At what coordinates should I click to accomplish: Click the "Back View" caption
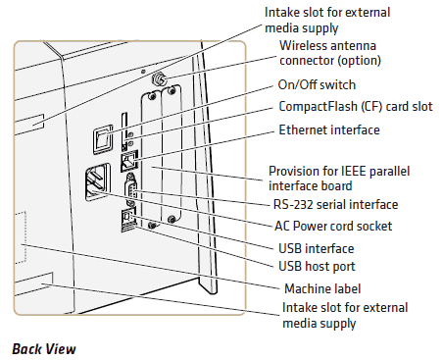pyautogui.click(x=44, y=349)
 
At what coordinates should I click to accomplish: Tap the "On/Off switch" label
pyautogui.click(x=317, y=84)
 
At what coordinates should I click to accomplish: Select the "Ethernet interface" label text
pyautogui.click(x=329, y=129)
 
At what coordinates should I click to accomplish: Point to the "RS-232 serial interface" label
pyautogui.click(x=335, y=204)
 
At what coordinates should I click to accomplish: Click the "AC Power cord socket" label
pyautogui.click(x=333, y=226)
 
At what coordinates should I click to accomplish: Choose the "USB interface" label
pyautogui.click(x=316, y=248)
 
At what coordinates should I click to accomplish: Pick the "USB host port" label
pyautogui.click(x=317, y=266)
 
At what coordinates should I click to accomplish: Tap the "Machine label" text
pyautogui.click(x=322, y=288)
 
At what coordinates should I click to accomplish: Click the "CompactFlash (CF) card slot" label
pyautogui.click(x=356, y=106)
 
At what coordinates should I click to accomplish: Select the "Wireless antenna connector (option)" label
pyautogui.click(x=330, y=53)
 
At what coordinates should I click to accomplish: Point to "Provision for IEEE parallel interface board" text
pyautogui.click(x=339, y=179)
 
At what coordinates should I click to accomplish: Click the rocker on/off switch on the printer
pyautogui.click(x=103, y=138)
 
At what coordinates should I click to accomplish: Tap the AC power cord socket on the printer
pyautogui.click(x=97, y=181)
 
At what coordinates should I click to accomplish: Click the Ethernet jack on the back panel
pyautogui.click(x=129, y=161)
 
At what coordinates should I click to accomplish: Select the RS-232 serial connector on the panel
pyautogui.click(x=130, y=190)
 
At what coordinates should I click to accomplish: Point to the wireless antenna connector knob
pyautogui.click(x=159, y=78)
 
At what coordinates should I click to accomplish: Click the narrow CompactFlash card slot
pyautogui.click(x=124, y=131)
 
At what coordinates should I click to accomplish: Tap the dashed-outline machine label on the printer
pyautogui.click(x=22, y=236)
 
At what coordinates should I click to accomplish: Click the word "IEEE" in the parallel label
pyautogui.click(x=354, y=171)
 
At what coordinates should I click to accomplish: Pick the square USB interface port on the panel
pyautogui.click(x=127, y=215)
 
